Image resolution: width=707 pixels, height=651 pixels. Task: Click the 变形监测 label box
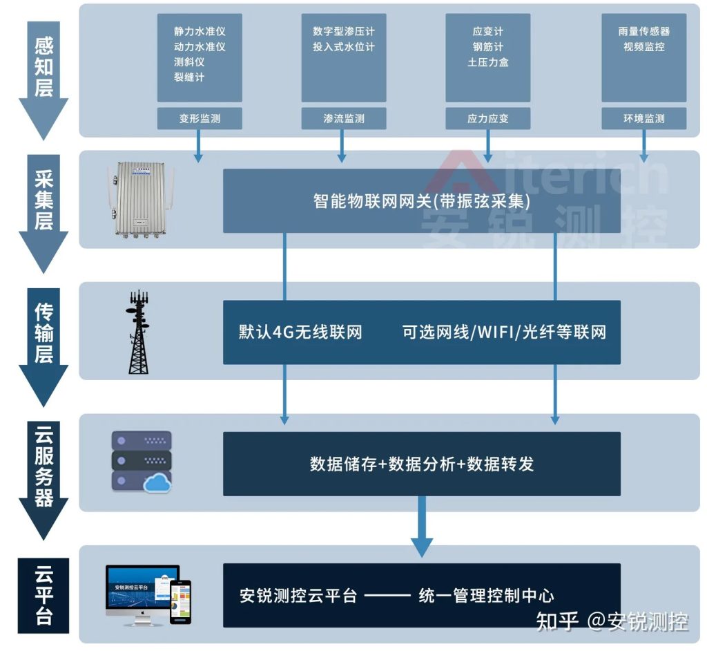[x=200, y=119]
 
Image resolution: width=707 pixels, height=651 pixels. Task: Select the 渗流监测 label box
[x=344, y=119]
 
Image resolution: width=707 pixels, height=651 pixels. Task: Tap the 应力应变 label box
[x=488, y=119]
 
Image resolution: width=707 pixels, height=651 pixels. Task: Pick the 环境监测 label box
[x=643, y=119]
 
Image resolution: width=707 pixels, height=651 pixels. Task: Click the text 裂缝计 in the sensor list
[x=188, y=77]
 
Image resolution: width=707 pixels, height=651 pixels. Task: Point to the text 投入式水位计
[x=343, y=47]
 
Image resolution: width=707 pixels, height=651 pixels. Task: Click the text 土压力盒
[x=488, y=62]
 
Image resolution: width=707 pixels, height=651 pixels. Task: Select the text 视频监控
[x=643, y=47]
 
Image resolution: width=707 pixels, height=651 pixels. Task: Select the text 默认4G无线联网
[x=300, y=332]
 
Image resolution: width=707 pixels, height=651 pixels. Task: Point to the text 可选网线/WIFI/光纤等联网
[x=504, y=332]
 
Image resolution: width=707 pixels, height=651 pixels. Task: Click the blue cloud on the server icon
[x=157, y=484]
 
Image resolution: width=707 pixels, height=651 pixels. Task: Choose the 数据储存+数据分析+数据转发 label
[x=421, y=464]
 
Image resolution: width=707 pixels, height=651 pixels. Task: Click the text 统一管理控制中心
[x=486, y=596]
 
